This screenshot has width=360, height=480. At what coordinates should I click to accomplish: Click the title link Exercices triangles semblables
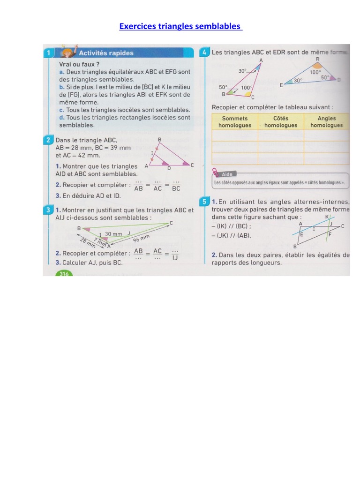click(x=180, y=26)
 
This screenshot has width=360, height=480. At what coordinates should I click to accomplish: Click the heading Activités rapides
click(x=106, y=53)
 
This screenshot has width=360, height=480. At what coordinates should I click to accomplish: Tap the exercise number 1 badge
click(x=49, y=53)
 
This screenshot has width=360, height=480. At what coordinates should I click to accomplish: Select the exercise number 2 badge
click(x=49, y=140)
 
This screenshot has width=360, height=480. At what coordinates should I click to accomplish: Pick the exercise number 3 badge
click(x=49, y=210)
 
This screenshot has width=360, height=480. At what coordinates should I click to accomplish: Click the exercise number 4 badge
click(x=205, y=52)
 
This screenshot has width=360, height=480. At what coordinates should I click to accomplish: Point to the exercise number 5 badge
click(x=205, y=202)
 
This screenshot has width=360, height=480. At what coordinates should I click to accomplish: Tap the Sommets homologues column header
click(x=235, y=122)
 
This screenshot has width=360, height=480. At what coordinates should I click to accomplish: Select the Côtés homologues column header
click(x=280, y=122)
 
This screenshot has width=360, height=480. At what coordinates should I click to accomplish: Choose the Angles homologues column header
click(x=326, y=122)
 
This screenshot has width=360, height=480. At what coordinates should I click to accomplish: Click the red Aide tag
click(x=226, y=174)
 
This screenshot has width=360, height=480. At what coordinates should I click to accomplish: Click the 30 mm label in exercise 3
click(x=113, y=233)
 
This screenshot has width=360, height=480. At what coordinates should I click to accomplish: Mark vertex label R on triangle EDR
click(x=317, y=59)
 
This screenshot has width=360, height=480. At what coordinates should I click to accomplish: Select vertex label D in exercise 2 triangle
click(x=169, y=168)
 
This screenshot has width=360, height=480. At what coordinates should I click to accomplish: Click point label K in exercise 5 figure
click(x=327, y=217)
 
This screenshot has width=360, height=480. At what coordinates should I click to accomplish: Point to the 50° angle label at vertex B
click(x=223, y=87)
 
